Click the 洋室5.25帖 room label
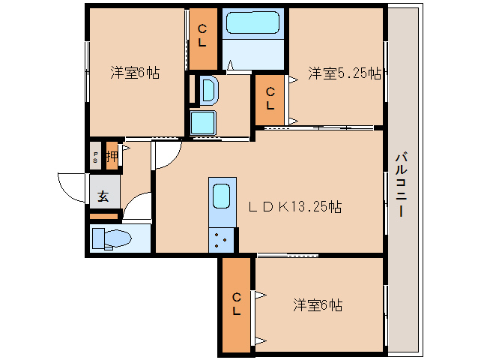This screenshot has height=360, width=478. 345,73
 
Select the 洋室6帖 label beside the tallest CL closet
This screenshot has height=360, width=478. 318,305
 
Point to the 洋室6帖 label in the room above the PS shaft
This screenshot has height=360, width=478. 135,73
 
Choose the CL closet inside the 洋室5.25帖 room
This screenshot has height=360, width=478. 270,99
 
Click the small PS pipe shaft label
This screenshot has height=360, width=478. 96,157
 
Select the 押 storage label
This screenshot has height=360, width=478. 111,157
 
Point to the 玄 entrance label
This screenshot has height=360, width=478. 103,197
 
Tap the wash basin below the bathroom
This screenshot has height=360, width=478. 208,91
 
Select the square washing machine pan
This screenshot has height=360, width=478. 203,122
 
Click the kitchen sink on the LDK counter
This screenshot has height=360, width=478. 223,196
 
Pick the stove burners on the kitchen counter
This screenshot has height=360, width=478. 223,240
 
